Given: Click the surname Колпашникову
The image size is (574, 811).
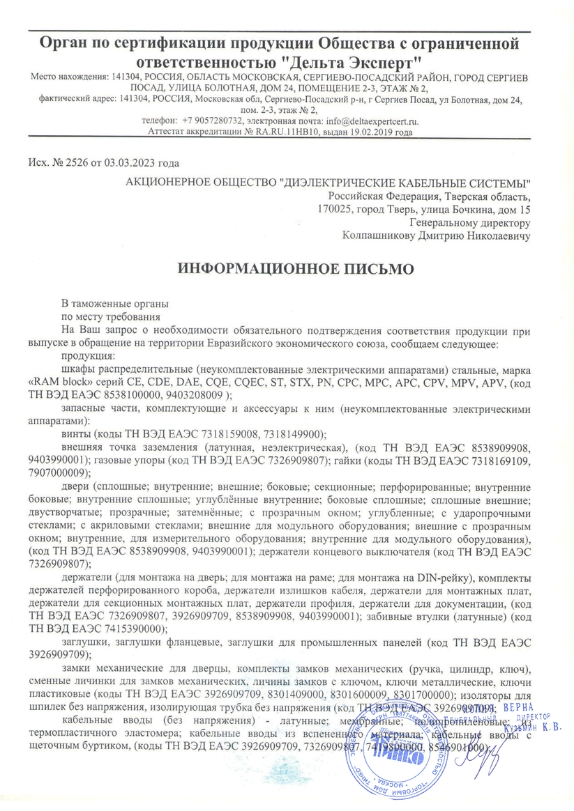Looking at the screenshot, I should coord(375,235).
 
